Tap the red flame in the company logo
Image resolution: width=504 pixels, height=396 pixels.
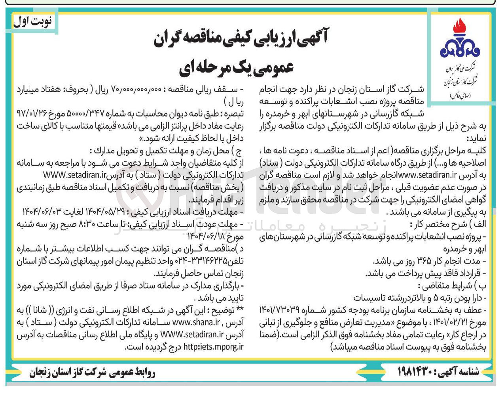coord(459,31)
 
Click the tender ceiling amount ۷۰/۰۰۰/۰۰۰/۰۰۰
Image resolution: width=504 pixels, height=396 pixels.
coord(138,88)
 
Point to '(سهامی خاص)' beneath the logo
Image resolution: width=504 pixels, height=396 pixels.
coord(459,96)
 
